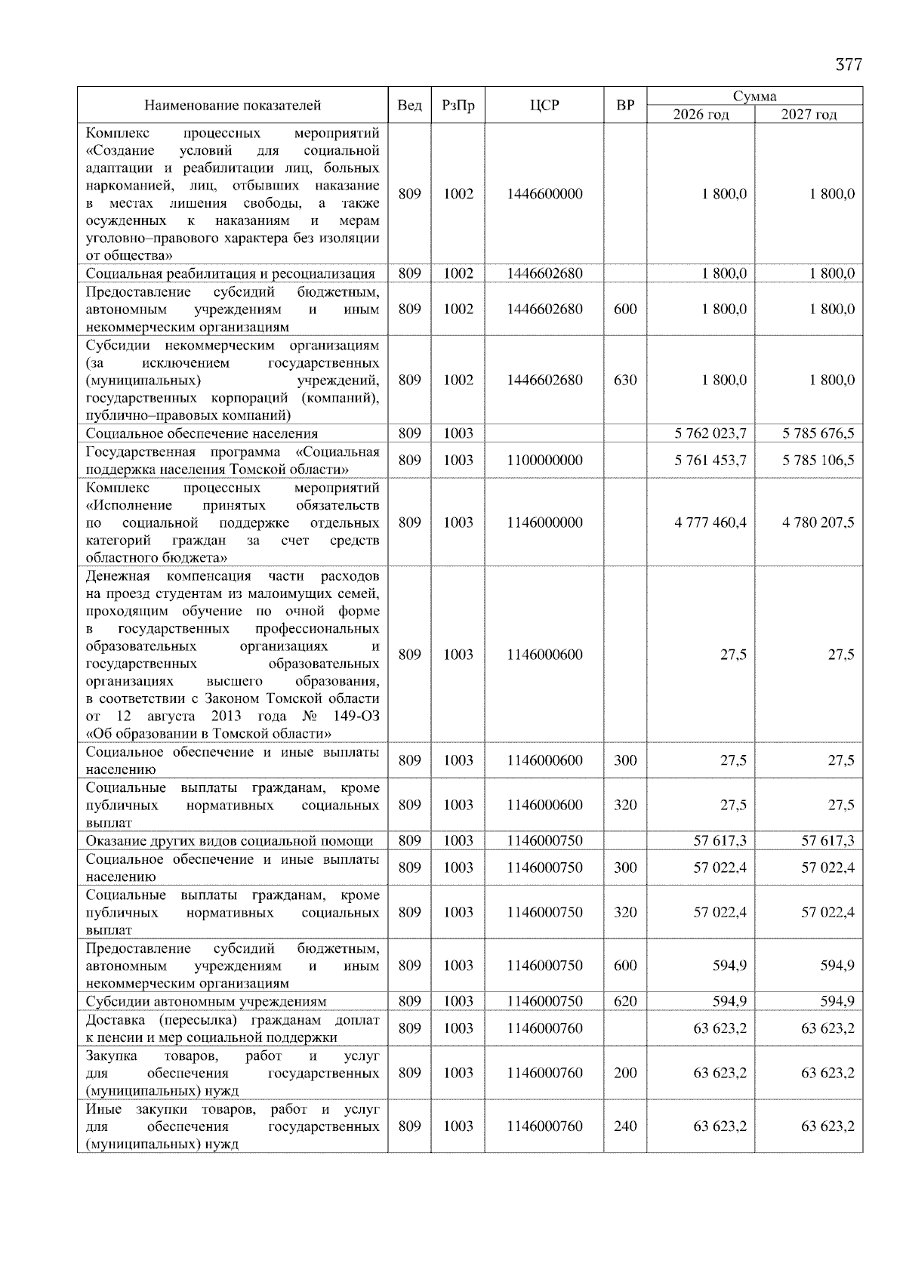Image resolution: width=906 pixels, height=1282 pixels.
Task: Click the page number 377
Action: click(x=848, y=65)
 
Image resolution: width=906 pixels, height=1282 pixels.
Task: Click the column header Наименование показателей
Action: click(x=233, y=105)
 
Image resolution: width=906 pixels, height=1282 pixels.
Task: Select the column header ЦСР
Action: click(x=544, y=105)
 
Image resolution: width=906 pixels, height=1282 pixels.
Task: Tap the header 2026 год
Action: click(x=701, y=114)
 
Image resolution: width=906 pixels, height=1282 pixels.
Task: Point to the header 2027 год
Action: click(x=809, y=114)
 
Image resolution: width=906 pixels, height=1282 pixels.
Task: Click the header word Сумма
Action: click(x=754, y=96)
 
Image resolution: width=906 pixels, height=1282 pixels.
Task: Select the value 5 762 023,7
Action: click(x=710, y=433)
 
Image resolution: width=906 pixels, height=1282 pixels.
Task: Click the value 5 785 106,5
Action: click(x=818, y=460)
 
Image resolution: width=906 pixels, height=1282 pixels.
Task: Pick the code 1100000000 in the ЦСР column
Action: click(x=544, y=460)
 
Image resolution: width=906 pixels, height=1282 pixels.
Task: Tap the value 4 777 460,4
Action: click(x=710, y=522)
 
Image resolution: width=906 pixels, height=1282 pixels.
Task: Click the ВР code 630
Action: click(x=625, y=380)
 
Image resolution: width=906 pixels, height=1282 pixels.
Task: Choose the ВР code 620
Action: click(x=625, y=1001)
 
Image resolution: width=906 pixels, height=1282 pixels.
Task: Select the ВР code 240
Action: click(x=625, y=1126)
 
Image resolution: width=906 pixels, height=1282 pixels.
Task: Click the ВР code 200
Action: click(x=625, y=1073)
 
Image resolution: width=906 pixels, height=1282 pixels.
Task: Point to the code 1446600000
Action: click(x=544, y=194)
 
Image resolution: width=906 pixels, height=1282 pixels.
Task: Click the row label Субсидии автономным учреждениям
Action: click(x=206, y=1001)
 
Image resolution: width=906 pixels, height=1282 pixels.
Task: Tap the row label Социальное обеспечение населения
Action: click(x=202, y=433)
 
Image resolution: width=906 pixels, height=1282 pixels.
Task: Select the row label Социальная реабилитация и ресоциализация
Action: click(x=230, y=273)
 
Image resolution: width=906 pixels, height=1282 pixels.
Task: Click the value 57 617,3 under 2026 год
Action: click(x=720, y=840)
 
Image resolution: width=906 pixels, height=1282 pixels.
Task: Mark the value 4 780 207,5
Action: click(x=818, y=522)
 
